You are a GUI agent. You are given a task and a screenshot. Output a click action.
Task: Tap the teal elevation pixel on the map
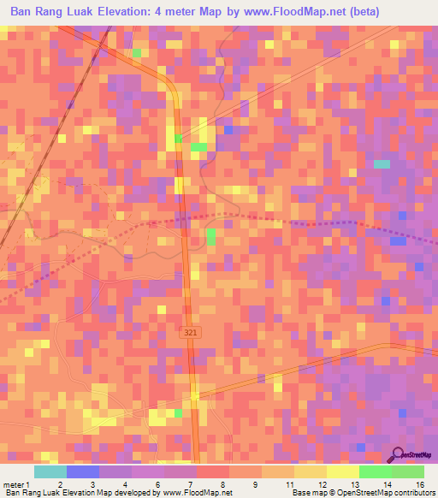[x=382, y=163]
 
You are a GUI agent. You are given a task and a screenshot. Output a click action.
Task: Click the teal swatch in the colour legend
[x=50, y=471]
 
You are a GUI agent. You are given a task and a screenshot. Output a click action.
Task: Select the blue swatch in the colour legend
[x=83, y=471]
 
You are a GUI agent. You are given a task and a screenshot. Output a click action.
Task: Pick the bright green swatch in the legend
[x=376, y=471]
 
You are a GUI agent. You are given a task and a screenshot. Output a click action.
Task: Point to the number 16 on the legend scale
[x=419, y=484]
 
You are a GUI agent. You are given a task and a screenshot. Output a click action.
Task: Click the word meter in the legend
[x=15, y=484]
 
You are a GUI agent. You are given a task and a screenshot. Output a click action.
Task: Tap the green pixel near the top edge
[x=136, y=53]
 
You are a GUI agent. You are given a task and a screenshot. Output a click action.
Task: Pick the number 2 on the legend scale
[x=59, y=484]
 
